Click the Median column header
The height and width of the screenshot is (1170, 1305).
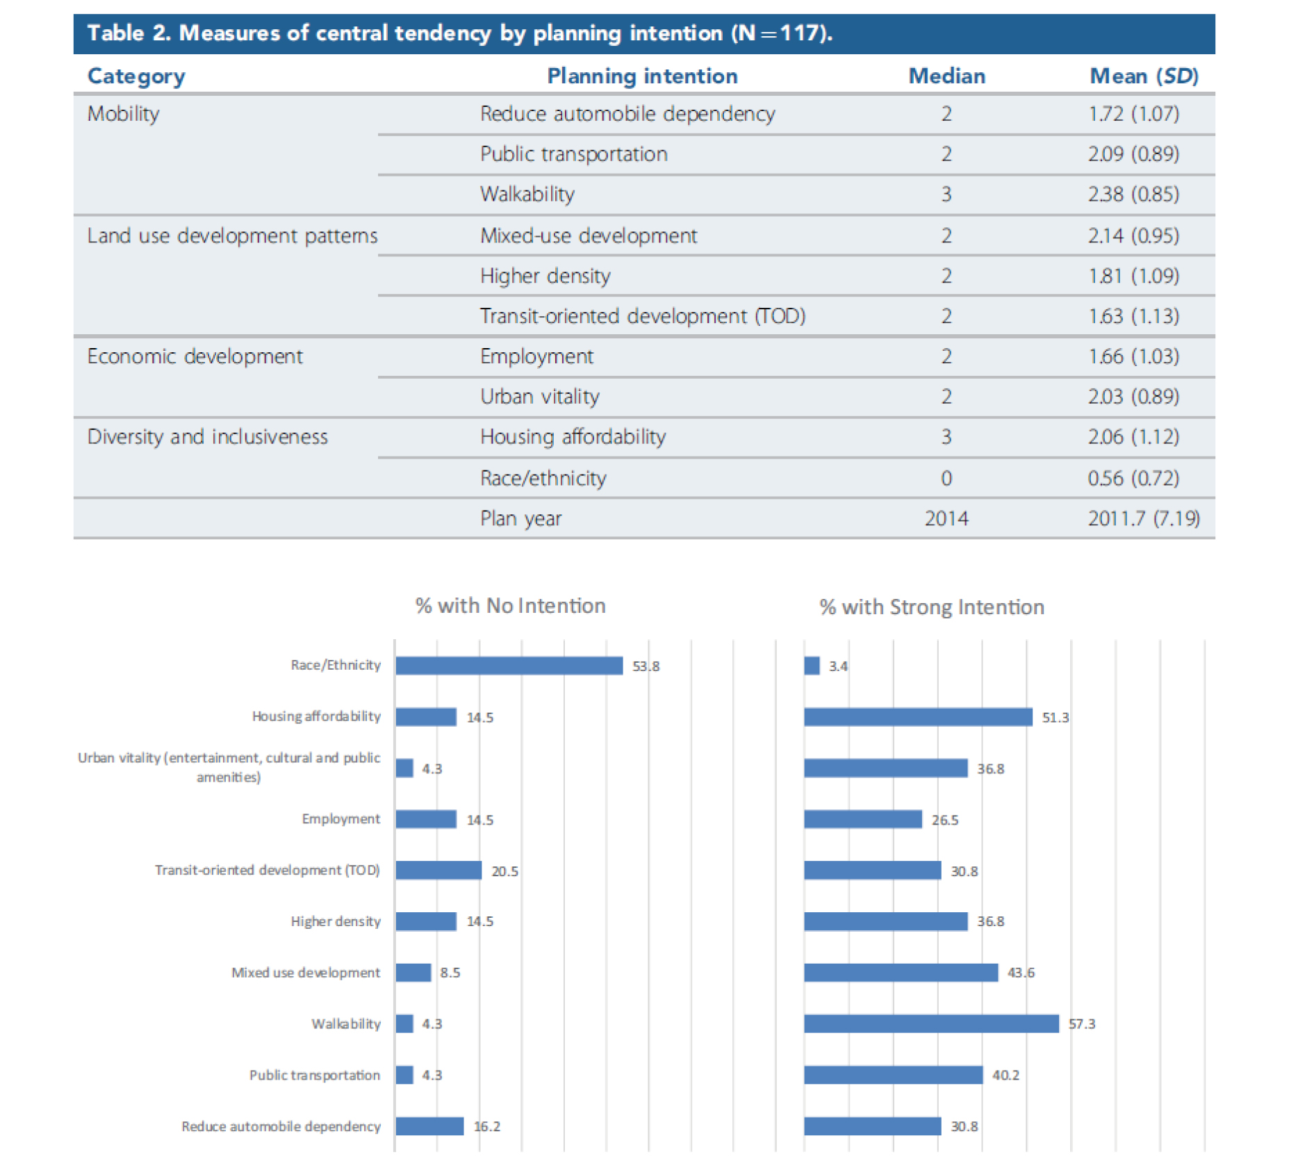(x=946, y=75)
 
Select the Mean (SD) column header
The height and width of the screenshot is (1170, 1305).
(x=1143, y=75)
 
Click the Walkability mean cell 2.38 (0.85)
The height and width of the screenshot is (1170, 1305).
(x=1133, y=194)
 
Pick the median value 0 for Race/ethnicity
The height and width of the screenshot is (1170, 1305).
(x=946, y=478)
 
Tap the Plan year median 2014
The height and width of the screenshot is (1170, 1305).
(x=946, y=518)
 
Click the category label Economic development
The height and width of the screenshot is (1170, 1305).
(x=195, y=356)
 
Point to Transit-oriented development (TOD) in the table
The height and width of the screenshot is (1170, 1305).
(x=642, y=316)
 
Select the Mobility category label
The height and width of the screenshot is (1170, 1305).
(x=123, y=113)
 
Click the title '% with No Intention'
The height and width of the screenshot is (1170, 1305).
(x=510, y=605)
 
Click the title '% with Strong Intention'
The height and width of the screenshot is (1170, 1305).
(x=931, y=607)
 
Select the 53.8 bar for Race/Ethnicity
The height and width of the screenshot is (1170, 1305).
(x=509, y=666)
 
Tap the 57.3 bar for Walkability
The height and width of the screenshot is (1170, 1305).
(x=931, y=1023)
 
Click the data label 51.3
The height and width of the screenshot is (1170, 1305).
(x=1055, y=717)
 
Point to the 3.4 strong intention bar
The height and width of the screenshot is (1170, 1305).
(x=812, y=666)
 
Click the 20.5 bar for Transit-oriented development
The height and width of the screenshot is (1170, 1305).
(x=438, y=870)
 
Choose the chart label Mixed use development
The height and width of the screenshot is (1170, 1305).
(x=306, y=972)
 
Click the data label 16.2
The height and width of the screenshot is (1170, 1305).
(x=486, y=1126)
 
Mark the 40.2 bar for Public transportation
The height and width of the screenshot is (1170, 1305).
(x=893, y=1075)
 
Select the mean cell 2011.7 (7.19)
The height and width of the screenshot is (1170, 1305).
(x=1143, y=518)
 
